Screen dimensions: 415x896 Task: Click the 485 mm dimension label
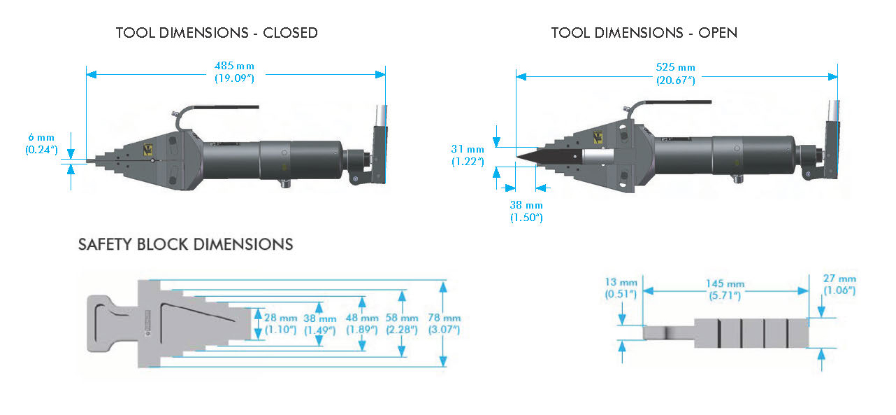pos(234,72)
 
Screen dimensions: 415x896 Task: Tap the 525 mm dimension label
pos(675,73)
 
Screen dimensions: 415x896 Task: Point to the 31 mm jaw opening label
pos(467,155)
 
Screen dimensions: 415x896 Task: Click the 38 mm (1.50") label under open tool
pos(526,211)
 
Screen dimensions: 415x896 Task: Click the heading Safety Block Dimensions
pos(185,244)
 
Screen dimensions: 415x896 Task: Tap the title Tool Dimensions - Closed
pos(217,33)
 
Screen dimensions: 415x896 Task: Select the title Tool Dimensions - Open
pos(644,33)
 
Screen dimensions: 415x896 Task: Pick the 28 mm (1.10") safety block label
pos(280,323)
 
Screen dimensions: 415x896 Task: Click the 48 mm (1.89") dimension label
pos(363,323)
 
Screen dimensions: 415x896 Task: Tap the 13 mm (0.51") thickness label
pos(621,288)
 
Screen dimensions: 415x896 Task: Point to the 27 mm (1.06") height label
pos(839,284)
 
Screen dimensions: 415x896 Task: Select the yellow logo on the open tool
pos(598,137)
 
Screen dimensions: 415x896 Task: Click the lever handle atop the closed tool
pos(224,107)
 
